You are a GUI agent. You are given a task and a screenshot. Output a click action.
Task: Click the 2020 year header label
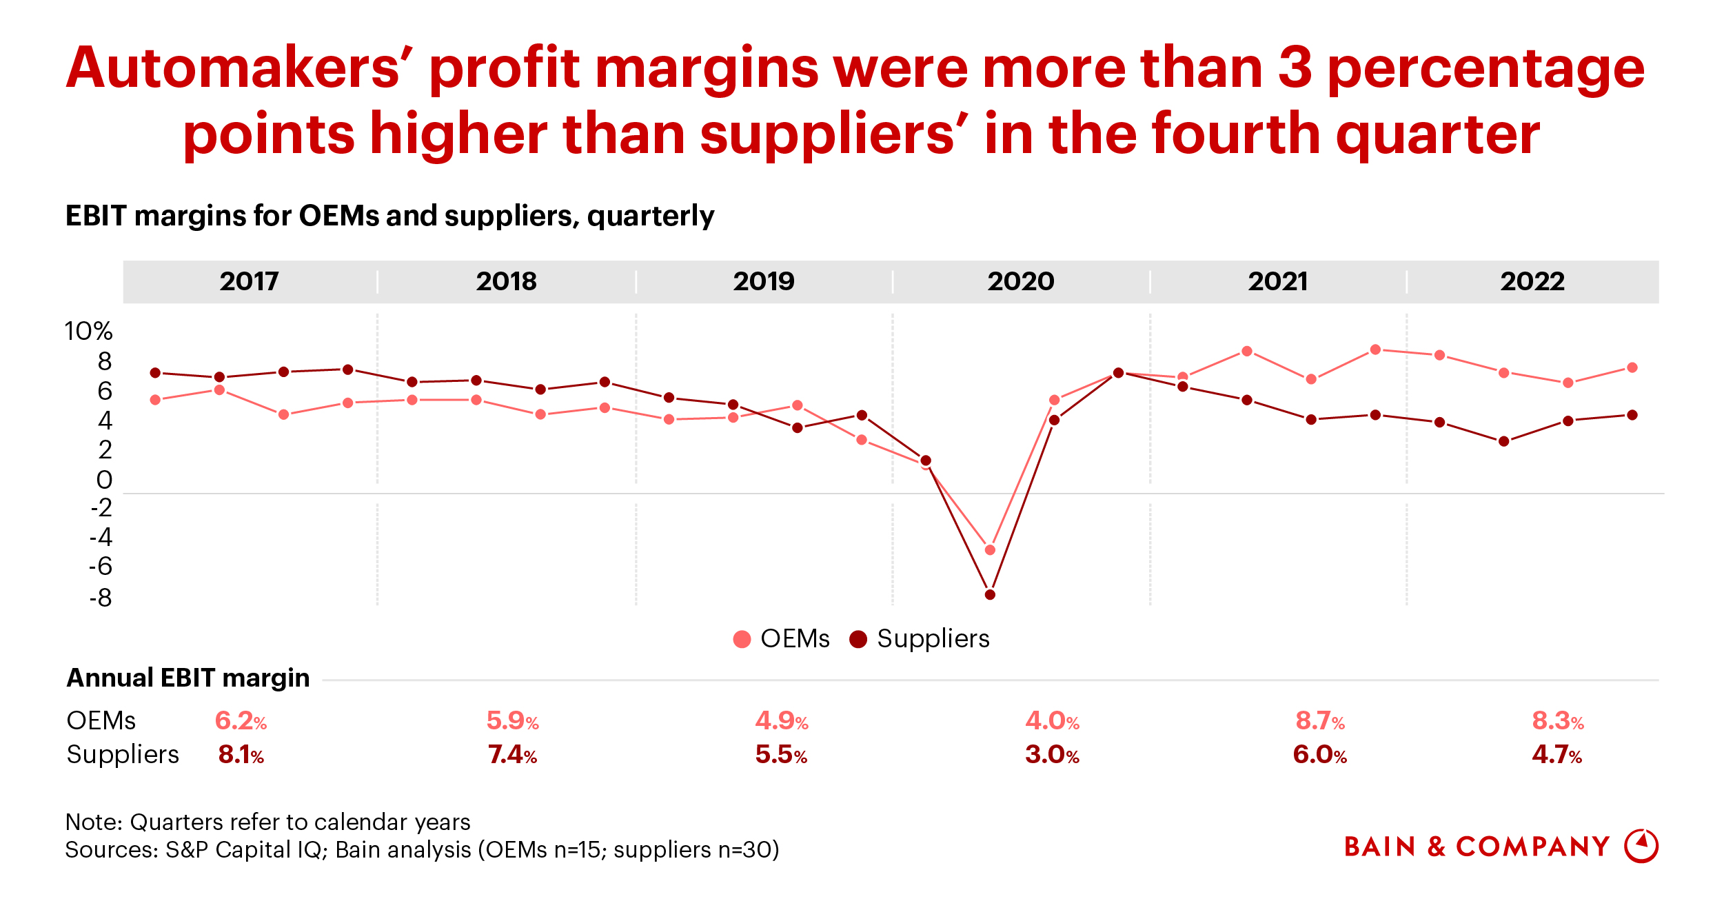pyautogui.click(x=1021, y=281)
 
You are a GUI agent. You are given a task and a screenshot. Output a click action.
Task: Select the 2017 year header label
pyautogui.click(x=250, y=281)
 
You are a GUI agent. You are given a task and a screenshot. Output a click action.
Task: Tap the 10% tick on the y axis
pyautogui.click(x=88, y=332)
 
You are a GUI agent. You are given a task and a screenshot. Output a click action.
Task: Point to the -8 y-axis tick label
pyautogui.click(x=101, y=598)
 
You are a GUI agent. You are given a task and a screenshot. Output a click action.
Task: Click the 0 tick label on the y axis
pyautogui.click(x=104, y=480)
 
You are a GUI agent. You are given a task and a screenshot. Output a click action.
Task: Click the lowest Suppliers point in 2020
pyautogui.click(x=990, y=594)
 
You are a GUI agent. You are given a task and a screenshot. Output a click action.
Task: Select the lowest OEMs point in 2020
pyautogui.click(x=990, y=550)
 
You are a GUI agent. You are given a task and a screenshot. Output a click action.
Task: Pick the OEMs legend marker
pyautogui.click(x=742, y=639)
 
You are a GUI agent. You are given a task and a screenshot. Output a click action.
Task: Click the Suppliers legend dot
pyautogui.click(x=858, y=639)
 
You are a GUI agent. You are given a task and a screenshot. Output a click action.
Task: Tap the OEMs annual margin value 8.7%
pyautogui.click(x=1320, y=721)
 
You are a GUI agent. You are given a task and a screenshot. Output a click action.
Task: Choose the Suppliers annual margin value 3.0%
pyautogui.click(x=1052, y=755)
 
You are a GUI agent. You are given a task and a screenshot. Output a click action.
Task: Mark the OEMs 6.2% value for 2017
pyautogui.click(x=241, y=721)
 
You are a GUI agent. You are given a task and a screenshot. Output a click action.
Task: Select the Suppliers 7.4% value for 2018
pyautogui.click(x=512, y=755)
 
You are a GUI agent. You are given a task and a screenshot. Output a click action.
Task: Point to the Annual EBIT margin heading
pyautogui.click(x=188, y=678)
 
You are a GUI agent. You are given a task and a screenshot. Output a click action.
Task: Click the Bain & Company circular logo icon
pyautogui.click(x=1641, y=846)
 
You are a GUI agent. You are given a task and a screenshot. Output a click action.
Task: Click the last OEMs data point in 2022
pyautogui.click(x=1632, y=367)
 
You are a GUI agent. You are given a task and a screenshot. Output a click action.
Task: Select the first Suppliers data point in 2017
pyautogui.click(x=155, y=373)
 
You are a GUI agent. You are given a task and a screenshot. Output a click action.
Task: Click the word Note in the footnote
pyautogui.click(x=92, y=822)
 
